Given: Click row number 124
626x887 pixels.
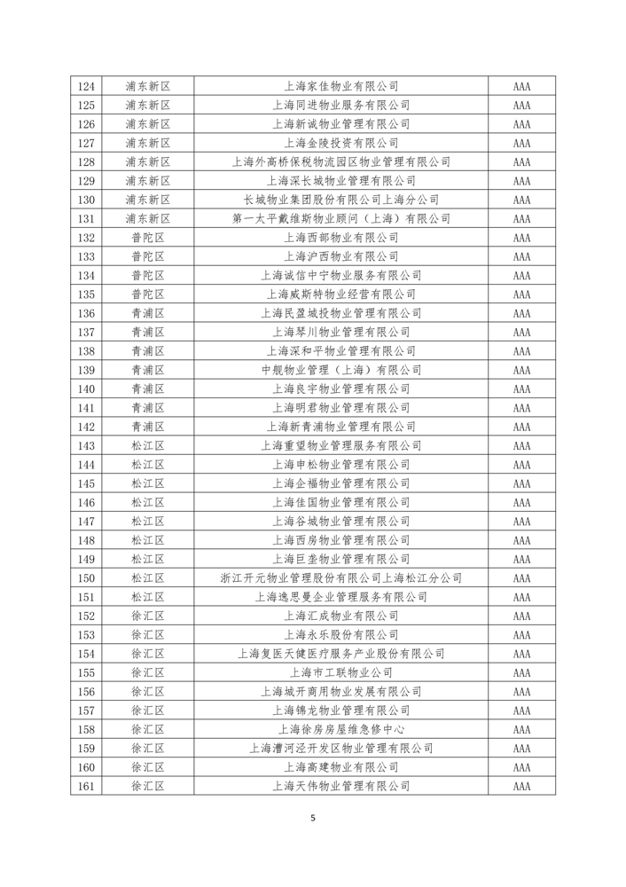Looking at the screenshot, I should pos(86,87).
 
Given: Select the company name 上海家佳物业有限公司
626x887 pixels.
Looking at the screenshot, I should pos(340,87).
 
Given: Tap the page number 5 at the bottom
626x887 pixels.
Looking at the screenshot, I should pos(313,818).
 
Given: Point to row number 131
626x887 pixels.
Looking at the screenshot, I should pos(86,218).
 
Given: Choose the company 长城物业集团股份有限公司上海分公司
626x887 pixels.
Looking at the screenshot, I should pos(340,200).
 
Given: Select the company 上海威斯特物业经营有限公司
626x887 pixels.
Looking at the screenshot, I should pos(340,294).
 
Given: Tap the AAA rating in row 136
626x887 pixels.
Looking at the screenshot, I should pos(521,313).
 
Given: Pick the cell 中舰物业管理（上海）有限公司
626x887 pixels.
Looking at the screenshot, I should pos(340,370).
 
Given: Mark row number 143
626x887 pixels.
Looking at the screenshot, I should pos(86,445).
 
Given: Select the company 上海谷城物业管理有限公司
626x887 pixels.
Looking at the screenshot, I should pos(340,521).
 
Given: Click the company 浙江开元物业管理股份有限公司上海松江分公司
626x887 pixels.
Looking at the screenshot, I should pos(340,577).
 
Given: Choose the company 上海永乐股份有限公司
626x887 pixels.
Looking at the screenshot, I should pos(340,634).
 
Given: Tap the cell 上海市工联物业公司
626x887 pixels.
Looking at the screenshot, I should pos(340,672).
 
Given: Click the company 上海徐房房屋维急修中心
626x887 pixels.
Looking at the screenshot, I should pos(340,729).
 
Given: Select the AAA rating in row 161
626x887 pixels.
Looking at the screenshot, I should pos(521,786).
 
